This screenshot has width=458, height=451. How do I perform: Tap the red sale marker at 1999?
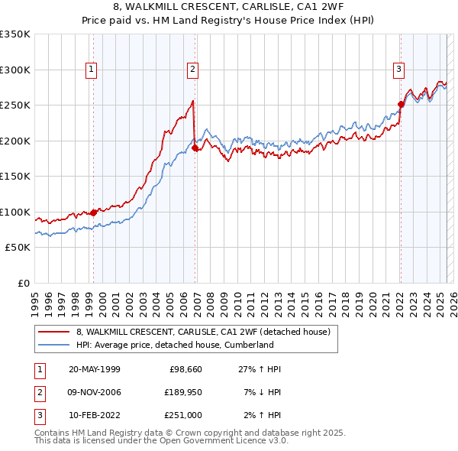point(94,213)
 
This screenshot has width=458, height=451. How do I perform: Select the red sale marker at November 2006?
point(195,148)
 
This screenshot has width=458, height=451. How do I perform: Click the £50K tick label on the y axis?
point(18,248)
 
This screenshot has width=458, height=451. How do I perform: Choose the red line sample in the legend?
point(53,332)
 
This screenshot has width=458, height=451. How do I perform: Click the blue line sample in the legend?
point(53,345)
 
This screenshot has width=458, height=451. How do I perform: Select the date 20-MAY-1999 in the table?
point(95,369)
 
